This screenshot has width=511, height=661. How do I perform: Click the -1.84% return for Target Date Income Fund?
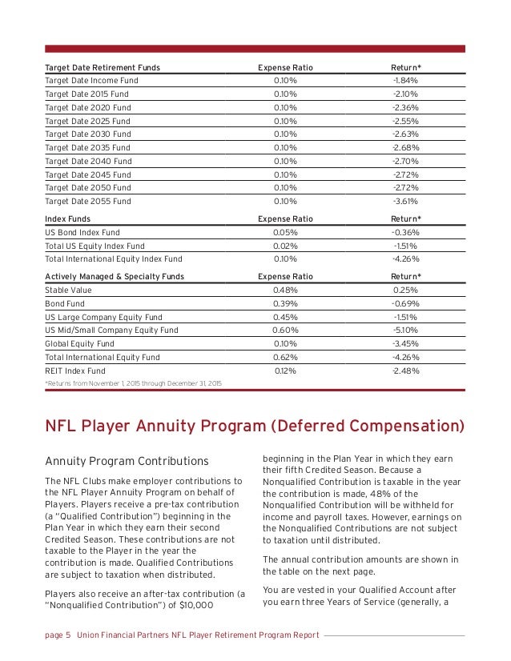coord(404,81)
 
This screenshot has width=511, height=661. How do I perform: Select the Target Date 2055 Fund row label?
coord(87,201)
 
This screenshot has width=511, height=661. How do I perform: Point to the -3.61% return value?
coord(404,201)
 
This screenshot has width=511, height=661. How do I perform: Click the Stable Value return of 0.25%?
coord(404,290)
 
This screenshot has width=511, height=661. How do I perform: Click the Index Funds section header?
coord(67,218)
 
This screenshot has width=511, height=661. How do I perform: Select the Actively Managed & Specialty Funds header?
coord(114,276)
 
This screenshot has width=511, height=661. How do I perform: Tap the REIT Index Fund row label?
coord(74,371)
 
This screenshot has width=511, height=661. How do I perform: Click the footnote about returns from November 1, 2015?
coord(133,384)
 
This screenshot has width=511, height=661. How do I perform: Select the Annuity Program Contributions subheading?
coord(126,462)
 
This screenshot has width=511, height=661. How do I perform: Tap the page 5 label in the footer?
coord(57,635)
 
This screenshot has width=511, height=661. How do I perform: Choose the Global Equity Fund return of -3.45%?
coord(404,343)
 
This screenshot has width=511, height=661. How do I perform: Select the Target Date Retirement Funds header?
coord(102,67)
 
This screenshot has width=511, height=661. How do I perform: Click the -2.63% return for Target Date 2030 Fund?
coord(404,134)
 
